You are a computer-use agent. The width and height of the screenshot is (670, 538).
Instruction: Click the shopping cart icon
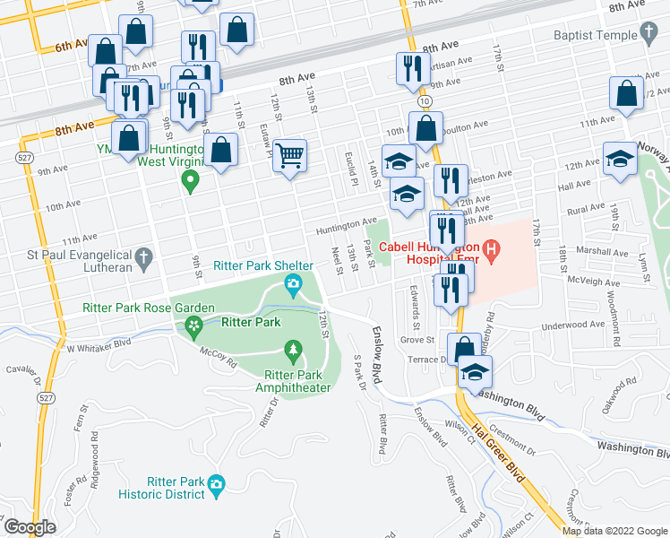pos(289,156)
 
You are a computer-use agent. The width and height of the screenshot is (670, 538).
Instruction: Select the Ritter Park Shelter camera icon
pos(293,286)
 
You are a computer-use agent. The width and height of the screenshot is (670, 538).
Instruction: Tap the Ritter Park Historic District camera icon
pos(215,486)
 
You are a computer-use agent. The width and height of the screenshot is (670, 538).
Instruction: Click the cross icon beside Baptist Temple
pos(649,34)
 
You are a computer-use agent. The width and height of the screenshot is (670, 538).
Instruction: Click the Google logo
pos(30,527)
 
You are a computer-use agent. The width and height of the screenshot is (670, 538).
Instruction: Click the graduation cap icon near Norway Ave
pos(620,158)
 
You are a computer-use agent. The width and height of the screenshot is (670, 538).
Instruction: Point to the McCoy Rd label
pos(218,358)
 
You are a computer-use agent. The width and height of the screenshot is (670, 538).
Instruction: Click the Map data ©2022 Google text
pos(614,531)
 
